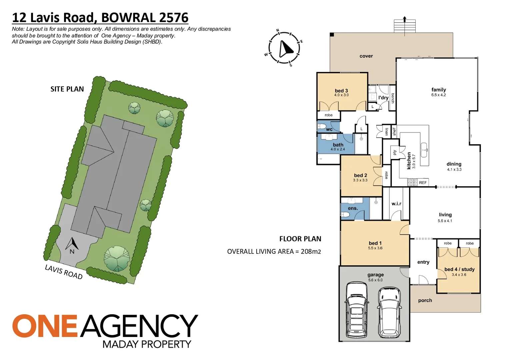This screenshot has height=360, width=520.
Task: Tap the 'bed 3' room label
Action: coord(341,91)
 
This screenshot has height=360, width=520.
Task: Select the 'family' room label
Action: coord(438,90)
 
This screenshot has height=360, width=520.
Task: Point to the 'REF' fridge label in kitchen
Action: coord(423,183)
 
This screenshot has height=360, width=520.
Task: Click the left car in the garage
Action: coord(356,309)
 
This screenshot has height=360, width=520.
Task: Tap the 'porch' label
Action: coord(425,300)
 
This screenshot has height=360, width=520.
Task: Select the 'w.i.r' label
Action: coord(396,203)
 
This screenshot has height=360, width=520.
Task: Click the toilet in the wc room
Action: coord(322,126)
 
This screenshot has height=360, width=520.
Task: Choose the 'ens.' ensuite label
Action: coord(353,208)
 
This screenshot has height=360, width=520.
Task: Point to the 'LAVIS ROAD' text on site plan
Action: coord(64,272)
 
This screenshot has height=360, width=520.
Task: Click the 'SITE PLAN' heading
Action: coord(67,89)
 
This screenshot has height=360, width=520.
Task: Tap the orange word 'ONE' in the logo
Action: coord(45,326)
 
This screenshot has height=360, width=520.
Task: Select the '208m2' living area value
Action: coord(311,252)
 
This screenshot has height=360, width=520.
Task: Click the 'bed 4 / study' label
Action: coord(459,269)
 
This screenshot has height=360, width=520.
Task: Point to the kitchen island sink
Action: coord(424,150)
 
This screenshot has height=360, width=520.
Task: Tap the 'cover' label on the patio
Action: coord(366,56)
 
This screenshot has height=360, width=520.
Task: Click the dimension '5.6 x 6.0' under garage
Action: coord(375,280)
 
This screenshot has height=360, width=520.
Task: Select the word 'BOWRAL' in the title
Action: coord(128,18)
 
